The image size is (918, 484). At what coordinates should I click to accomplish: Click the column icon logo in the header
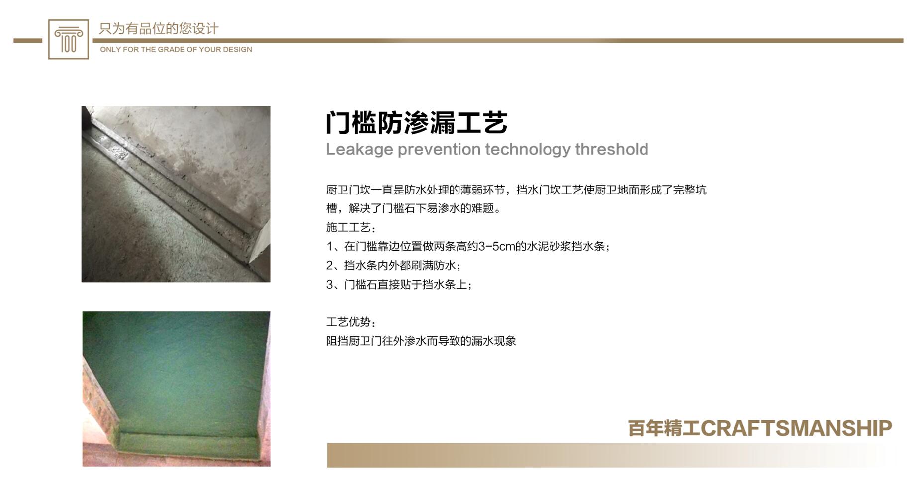pyautogui.click(x=68, y=39)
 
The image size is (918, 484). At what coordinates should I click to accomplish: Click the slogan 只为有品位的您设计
pyautogui.click(x=159, y=29)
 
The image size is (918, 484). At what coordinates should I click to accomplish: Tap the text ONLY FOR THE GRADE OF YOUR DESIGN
pyautogui.click(x=176, y=49)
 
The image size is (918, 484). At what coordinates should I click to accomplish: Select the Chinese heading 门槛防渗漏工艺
pyautogui.click(x=417, y=122)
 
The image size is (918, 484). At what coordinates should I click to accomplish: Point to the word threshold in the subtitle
pyautogui.click(x=612, y=149)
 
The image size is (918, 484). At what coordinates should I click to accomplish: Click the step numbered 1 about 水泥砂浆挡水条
pyautogui.click(x=468, y=246)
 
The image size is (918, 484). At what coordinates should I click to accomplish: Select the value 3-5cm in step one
pyautogui.click(x=496, y=246)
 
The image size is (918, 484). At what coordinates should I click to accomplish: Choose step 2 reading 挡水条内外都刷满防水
pyautogui.click(x=394, y=265)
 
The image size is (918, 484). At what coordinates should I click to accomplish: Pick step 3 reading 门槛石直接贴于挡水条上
pyautogui.click(x=399, y=284)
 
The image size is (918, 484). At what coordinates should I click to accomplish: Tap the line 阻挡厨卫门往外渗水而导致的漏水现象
pyautogui.click(x=421, y=341)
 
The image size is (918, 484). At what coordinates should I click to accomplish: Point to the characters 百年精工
pyautogui.click(x=664, y=428)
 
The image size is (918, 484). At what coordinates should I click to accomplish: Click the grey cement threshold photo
pyautogui.click(x=176, y=194)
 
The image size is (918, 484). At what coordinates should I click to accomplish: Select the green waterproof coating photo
pyautogui.click(x=177, y=389)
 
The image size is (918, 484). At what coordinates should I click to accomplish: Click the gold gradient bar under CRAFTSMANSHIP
pyautogui.click(x=612, y=455)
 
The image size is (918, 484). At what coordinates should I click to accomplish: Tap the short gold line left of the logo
pyautogui.click(x=28, y=40)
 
